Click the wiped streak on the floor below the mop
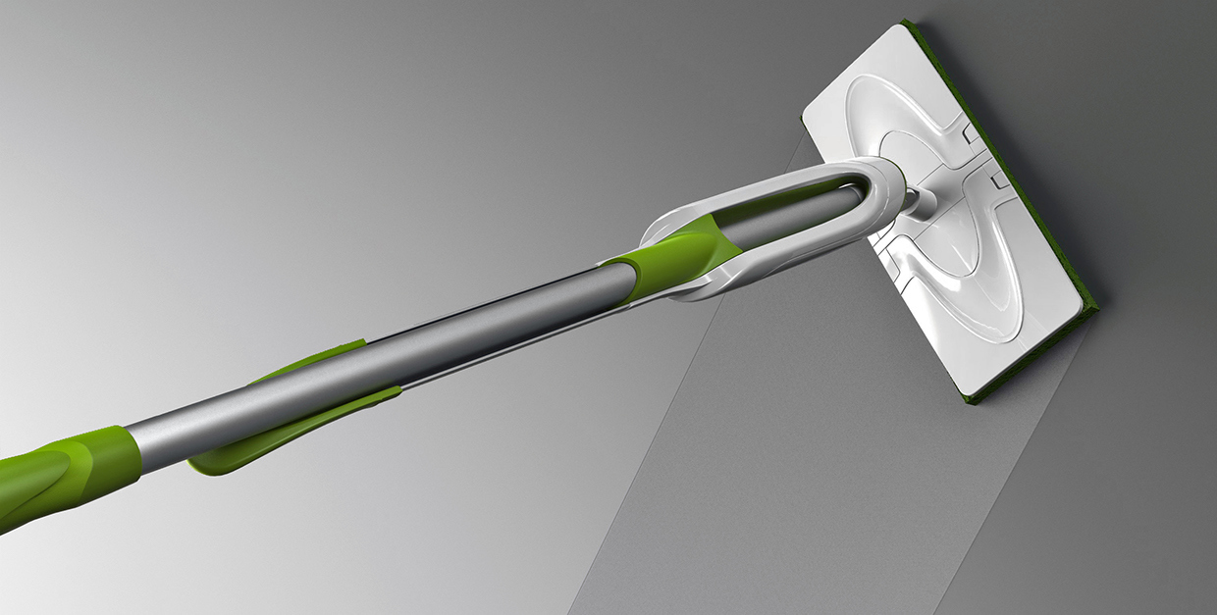point(785,471)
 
